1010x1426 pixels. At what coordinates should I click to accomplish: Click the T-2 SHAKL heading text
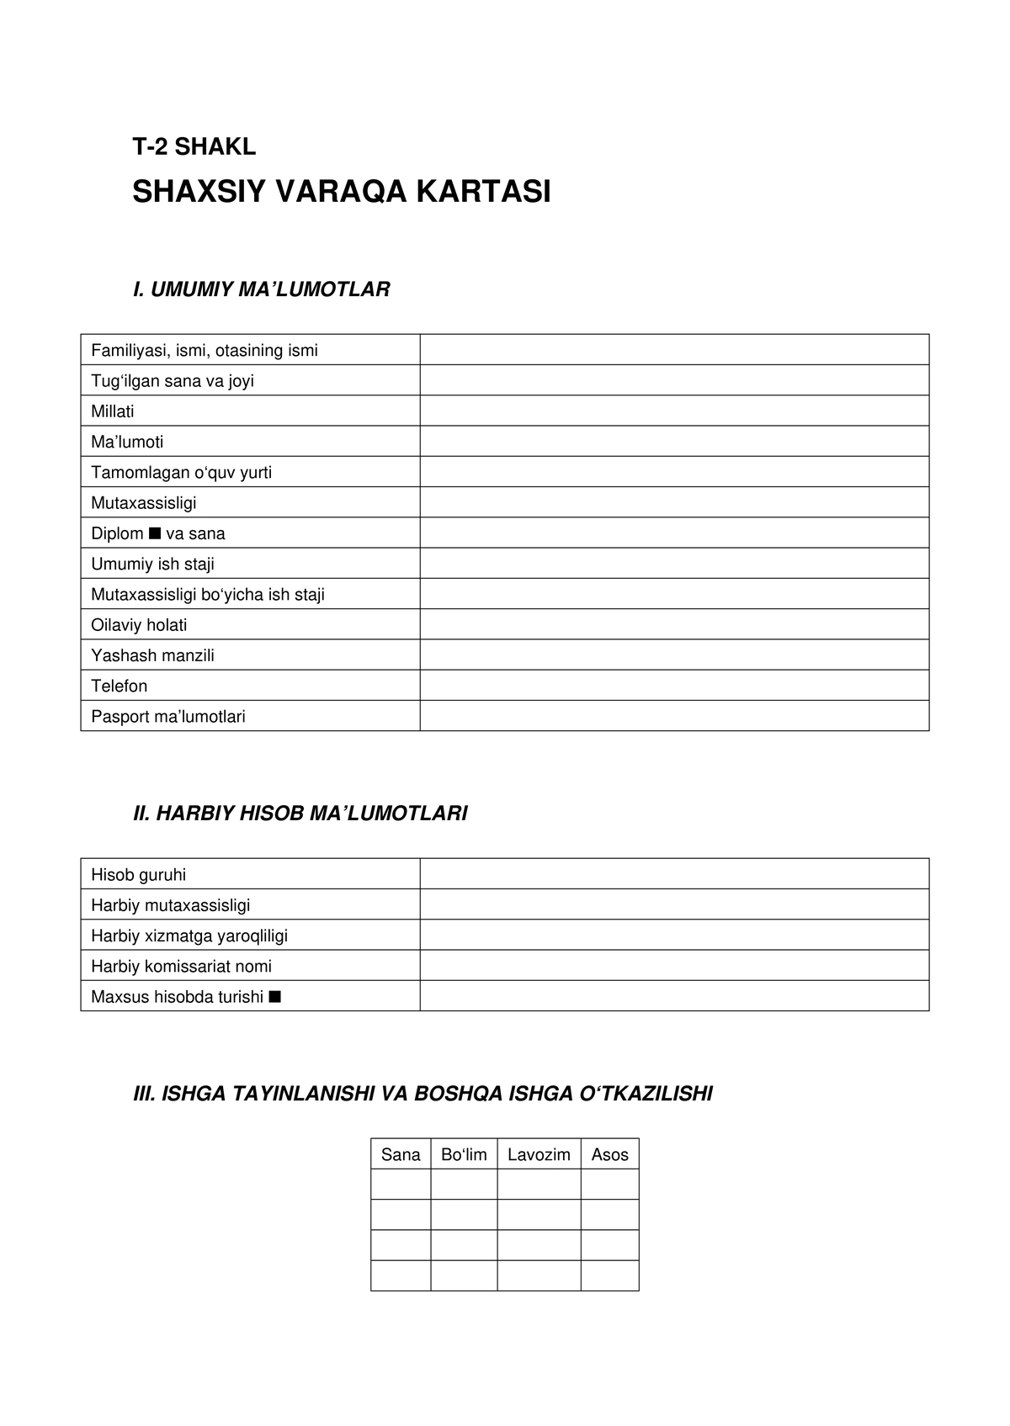click(194, 146)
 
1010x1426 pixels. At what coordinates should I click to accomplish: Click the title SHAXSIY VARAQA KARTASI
click(341, 192)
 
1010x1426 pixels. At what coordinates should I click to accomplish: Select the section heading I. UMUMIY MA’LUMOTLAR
click(261, 289)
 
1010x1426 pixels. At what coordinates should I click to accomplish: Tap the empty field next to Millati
click(673, 411)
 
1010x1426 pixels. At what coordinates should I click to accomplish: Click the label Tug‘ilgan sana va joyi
click(173, 381)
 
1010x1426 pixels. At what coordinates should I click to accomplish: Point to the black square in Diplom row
click(154, 533)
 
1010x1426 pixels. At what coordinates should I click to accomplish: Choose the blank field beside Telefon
click(673, 685)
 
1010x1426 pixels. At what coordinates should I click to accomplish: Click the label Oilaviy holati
click(139, 624)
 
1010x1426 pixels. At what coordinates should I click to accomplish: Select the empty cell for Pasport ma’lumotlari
click(673, 716)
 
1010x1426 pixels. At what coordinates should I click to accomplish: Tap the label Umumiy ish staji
click(152, 564)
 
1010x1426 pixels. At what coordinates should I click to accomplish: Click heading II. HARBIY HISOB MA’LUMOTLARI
click(300, 814)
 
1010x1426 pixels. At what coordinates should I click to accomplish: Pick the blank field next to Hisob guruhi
click(673, 874)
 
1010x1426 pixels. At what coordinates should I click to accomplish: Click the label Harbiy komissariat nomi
click(181, 966)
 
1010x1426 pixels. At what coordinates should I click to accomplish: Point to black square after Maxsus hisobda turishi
click(274, 997)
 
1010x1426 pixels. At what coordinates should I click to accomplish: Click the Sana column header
click(401, 1154)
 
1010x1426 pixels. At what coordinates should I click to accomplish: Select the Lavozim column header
click(539, 1154)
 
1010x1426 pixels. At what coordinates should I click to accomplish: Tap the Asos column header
click(609, 1154)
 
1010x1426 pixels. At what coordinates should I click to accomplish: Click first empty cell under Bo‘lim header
click(464, 1185)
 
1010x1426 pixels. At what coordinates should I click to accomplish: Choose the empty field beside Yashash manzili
click(673, 655)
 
